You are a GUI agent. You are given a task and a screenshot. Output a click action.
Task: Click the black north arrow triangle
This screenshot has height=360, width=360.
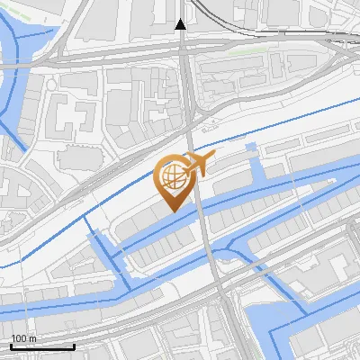point(181,24)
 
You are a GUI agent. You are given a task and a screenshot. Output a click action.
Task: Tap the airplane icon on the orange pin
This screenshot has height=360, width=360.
point(197,164)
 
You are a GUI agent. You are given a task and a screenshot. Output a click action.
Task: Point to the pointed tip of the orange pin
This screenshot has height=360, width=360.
point(172,211)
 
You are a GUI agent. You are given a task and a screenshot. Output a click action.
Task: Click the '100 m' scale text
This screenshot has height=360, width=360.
point(23,337)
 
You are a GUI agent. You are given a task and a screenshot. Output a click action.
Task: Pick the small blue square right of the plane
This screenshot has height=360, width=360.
point(250,146)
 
